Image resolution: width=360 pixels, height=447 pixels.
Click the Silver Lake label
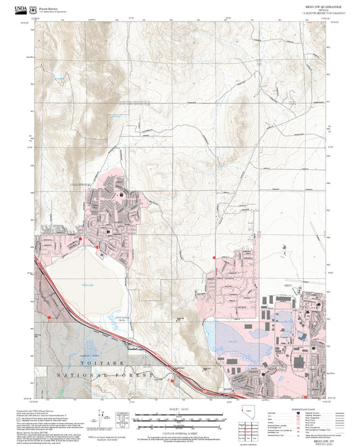[x=234, y=342]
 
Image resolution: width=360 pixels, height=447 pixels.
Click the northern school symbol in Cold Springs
[x=122, y=194]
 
